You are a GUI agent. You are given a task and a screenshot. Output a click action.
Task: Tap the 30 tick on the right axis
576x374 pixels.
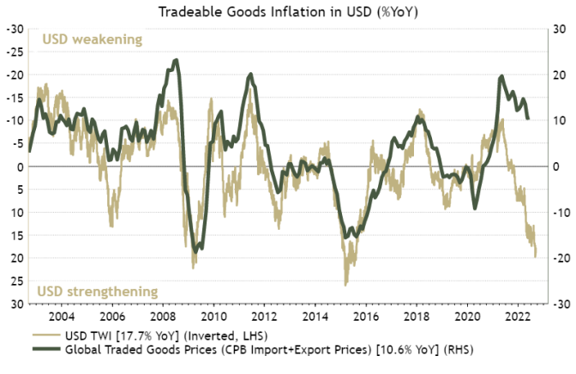[x=557, y=28]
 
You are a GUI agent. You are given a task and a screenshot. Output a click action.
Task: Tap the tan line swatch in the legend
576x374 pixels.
[x=48, y=336]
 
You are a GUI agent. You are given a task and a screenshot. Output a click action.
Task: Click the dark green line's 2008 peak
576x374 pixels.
[x=176, y=60]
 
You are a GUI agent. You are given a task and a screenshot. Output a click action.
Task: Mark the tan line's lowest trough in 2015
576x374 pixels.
[x=345, y=285]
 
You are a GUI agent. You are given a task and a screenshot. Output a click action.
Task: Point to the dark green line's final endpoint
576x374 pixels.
[x=527, y=118]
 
